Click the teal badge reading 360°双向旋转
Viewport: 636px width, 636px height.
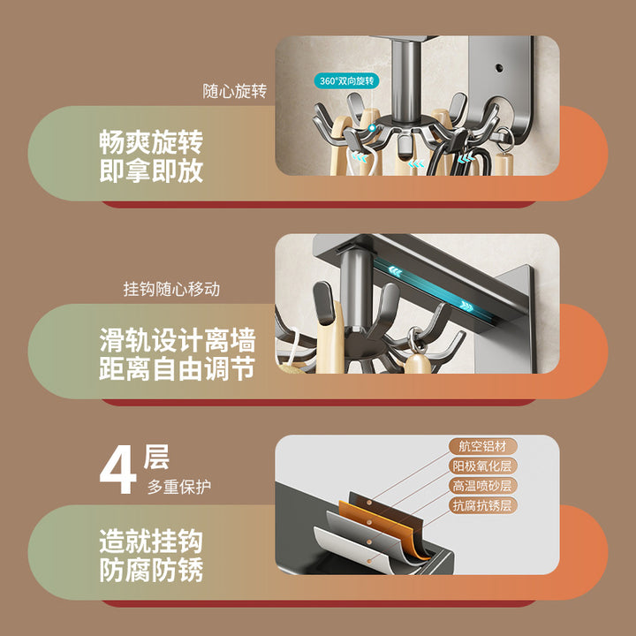[x=346, y=80]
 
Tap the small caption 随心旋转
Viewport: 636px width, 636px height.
[x=235, y=91]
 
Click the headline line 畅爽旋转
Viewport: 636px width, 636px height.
[x=151, y=142]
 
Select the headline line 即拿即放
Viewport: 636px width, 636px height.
[x=151, y=170]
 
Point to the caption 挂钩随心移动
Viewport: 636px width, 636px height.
[x=171, y=289]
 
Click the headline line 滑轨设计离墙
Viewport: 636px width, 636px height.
[x=178, y=340]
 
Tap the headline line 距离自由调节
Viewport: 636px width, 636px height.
[x=178, y=368]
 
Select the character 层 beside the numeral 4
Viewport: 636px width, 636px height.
[x=156, y=458]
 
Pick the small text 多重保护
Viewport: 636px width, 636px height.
[x=179, y=487]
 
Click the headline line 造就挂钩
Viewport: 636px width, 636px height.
[x=151, y=541]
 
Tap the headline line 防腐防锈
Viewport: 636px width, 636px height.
[x=151, y=570]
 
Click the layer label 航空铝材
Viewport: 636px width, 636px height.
[x=482, y=447]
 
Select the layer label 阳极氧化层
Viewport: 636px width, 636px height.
[x=482, y=466]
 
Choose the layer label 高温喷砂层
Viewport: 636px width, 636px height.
[x=482, y=486]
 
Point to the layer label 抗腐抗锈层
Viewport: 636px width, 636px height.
[x=482, y=505]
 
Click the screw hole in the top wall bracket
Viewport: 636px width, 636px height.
[x=499, y=68]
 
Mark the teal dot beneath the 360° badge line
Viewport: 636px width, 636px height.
[x=372, y=128]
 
